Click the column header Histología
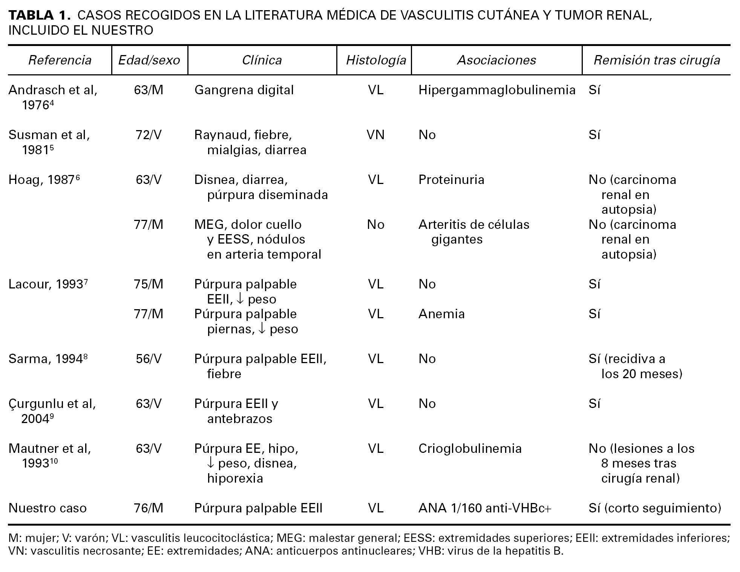(x=376, y=60)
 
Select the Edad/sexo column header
(x=149, y=60)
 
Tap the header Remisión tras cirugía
(x=657, y=60)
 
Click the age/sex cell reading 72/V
(x=149, y=135)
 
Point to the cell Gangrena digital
(x=244, y=90)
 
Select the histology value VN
(x=375, y=135)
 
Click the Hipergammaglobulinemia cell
(x=496, y=90)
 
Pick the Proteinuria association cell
(x=451, y=180)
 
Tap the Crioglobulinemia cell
(x=470, y=449)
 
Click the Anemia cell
(x=441, y=314)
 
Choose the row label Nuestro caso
(x=47, y=508)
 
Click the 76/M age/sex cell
(x=149, y=508)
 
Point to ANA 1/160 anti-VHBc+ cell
(x=485, y=508)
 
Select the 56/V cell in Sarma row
(x=149, y=359)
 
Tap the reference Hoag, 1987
(x=44, y=180)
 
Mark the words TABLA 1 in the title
(x=39, y=15)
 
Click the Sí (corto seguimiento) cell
(x=655, y=508)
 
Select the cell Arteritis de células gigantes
(x=473, y=232)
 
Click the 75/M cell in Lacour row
(x=149, y=284)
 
